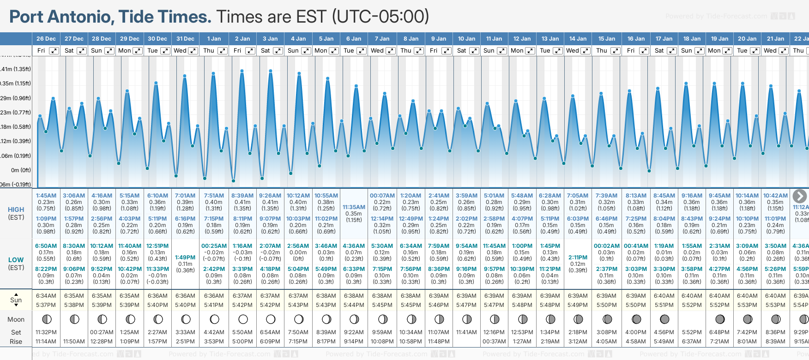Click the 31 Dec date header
[x=185, y=39]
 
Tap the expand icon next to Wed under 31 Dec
[x=193, y=51]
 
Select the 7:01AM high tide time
[x=185, y=196]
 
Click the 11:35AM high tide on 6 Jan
[x=354, y=207]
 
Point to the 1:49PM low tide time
[x=185, y=258]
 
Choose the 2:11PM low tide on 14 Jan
[x=578, y=258]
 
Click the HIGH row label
[x=16, y=210]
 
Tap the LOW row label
[x=16, y=260]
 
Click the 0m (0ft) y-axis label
[x=21, y=170]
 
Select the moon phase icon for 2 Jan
[x=243, y=319]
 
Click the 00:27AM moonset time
[x=102, y=332]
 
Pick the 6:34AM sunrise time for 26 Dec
[x=46, y=296]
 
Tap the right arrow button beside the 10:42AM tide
[x=799, y=196]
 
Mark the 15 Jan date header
[x=607, y=39]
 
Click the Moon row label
[x=16, y=319]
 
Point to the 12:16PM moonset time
[x=494, y=332]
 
